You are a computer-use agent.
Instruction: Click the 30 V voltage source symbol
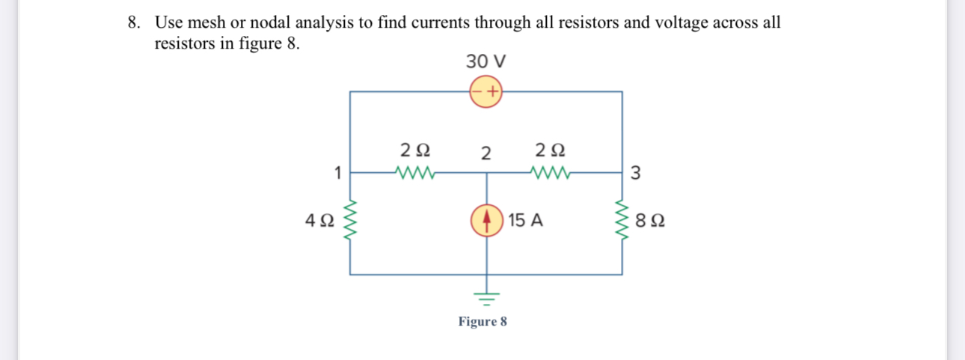click(x=485, y=91)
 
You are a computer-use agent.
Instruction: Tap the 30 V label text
click(x=485, y=60)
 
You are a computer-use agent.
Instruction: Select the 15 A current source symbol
click(x=487, y=220)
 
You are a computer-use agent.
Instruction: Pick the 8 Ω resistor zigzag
click(x=622, y=221)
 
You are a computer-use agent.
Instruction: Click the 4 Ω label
click(x=319, y=221)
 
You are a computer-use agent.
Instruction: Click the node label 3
click(x=635, y=174)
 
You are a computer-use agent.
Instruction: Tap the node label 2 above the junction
click(x=485, y=154)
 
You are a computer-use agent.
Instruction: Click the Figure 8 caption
click(x=482, y=322)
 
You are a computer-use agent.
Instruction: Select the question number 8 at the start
click(x=132, y=22)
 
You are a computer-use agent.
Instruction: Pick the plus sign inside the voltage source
click(x=492, y=91)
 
